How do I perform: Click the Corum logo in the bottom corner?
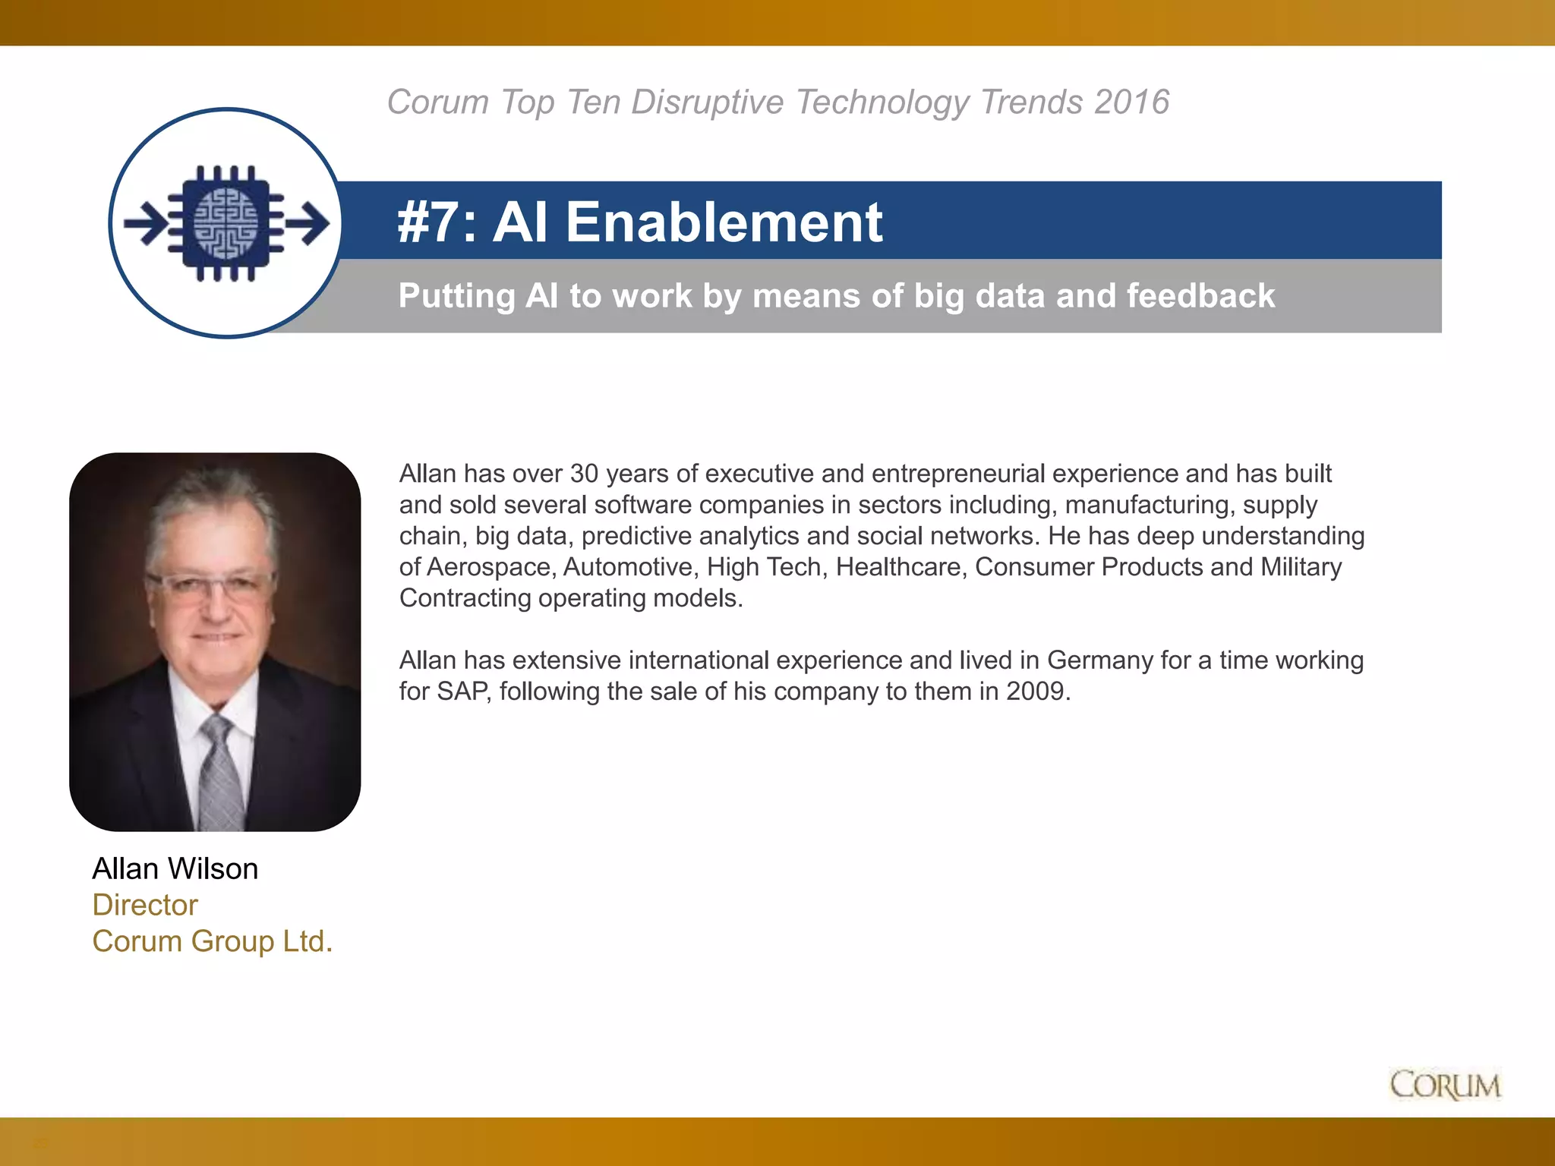(x=1445, y=1085)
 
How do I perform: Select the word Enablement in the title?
(x=724, y=222)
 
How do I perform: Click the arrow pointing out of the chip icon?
(x=310, y=223)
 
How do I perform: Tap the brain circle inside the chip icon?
(x=226, y=223)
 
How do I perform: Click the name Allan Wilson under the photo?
(x=175, y=868)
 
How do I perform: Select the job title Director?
(x=145, y=905)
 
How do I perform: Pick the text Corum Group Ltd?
(x=213, y=941)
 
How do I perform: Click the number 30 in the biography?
(x=584, y=474)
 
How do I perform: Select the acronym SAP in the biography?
(x=462, y=692)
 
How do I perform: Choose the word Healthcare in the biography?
(x=901, y=567)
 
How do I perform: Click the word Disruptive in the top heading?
(x=707, y=102)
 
